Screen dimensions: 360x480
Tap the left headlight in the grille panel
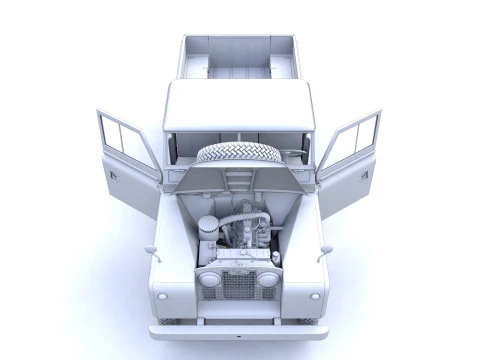211,279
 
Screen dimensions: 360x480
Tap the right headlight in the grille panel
268,279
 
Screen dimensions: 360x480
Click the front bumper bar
239,331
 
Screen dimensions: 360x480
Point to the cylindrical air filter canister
208,229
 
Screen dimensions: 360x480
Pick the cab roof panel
239,105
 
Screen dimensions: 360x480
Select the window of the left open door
124,140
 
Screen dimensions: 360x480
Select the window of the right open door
355,140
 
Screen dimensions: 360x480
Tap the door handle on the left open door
113,176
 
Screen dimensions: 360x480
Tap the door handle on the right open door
365,175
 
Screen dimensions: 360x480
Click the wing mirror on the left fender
149,248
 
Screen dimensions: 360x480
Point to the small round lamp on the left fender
164,296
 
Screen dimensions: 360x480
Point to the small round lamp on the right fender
315,296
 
